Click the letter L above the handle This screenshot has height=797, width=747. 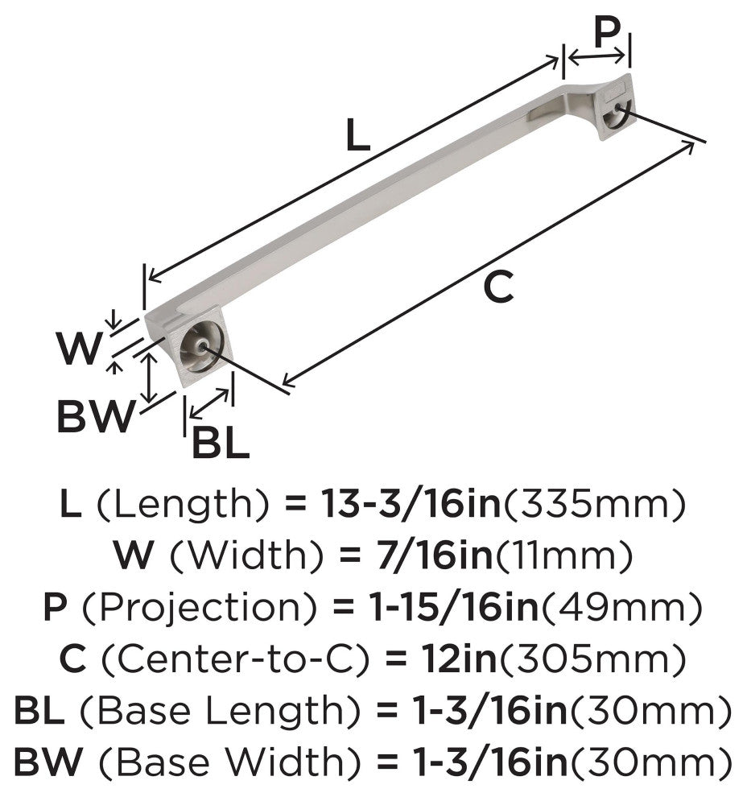pos(357,134)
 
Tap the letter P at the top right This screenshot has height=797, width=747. pos(607,31)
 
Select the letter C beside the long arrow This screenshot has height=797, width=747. pos(498,287)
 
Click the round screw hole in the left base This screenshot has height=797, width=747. pos(202,347)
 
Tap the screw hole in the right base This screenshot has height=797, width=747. pos(617,108)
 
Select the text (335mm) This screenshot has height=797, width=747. pos(593,505)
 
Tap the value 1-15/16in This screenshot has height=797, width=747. pos(454,607)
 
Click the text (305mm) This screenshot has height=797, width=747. pos(592,659)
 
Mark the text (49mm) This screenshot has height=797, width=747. pos(621,608)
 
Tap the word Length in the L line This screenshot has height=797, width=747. pos(181,506)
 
